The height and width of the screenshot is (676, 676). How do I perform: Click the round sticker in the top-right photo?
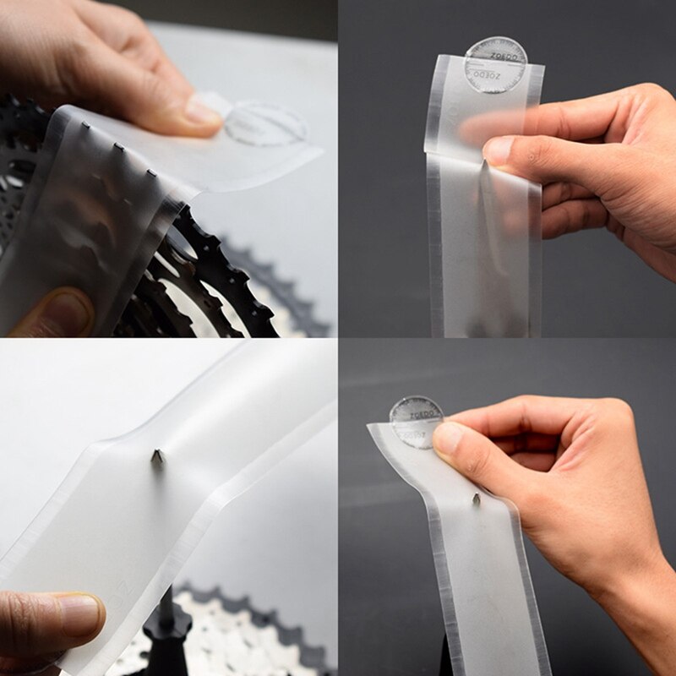(495, 64)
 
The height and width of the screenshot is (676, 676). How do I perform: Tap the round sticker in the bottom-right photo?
(416, 422)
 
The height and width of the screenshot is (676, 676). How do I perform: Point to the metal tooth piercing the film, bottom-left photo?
(157, 456)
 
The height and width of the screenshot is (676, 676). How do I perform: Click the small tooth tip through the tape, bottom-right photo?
(476, 499)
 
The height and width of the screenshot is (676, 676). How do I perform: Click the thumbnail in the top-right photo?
(498, 150)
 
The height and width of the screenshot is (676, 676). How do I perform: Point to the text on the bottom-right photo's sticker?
(416, 416)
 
